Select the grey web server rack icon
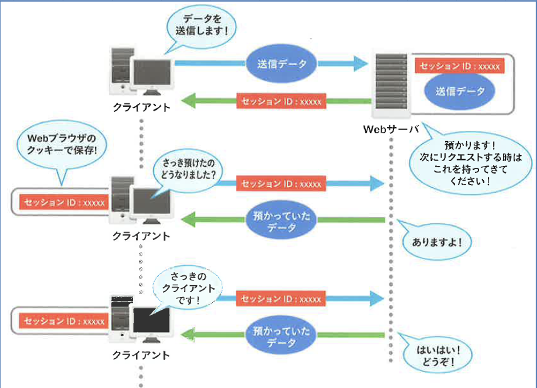[391, 84]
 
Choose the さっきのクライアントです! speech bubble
[188, 288]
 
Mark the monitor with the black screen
[151, 321]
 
